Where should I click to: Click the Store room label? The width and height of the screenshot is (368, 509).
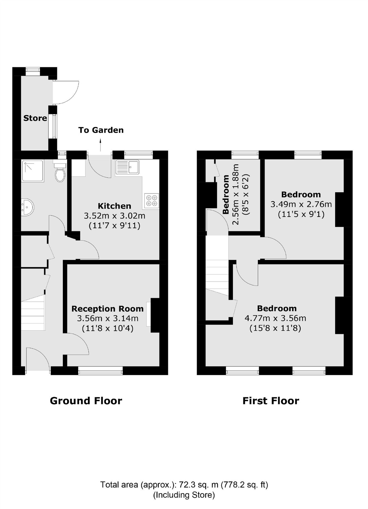pos(35,118)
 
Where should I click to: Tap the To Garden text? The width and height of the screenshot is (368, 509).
pos(101,130)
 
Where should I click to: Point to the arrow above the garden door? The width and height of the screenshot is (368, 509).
pos(100,145)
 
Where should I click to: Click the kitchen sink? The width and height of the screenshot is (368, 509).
pos(127,167)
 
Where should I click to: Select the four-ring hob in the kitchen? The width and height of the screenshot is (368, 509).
pos(152,200)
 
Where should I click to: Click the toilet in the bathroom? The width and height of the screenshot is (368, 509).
pos(60,173)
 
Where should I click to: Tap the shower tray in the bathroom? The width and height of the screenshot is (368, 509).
pos(33,171)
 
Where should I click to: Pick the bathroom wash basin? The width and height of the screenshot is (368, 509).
pos(27,207)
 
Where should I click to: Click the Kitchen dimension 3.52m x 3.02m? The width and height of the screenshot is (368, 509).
pos(114,216)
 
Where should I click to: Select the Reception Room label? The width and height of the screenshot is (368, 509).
pos(107,309)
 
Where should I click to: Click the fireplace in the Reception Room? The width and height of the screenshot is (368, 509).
pos(155,315)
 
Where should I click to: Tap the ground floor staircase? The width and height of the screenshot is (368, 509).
pos(33,313)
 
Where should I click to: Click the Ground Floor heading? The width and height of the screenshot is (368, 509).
pos(86,401)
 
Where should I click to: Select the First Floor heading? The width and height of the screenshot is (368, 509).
pos(271,401)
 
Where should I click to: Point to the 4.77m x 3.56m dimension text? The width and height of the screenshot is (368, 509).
pos(275,318)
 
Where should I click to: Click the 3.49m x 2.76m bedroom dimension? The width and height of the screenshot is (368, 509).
pos(301,204)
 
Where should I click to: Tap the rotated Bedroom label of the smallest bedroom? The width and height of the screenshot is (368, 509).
pos(226,194)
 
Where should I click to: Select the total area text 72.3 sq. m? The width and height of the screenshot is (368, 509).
pos(184,485)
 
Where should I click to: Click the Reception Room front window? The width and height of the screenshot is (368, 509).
pos(100,370)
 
